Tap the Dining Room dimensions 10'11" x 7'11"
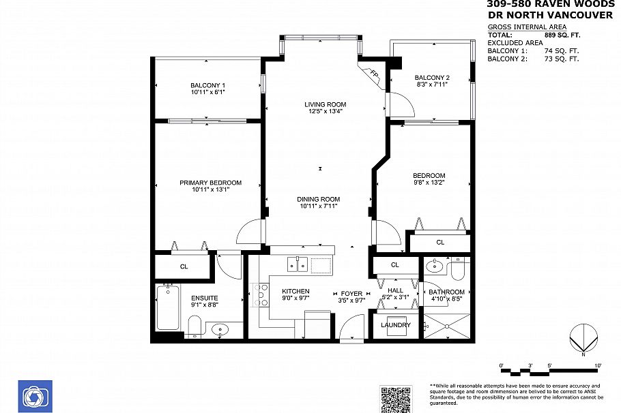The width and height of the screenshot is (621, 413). click(318, 206)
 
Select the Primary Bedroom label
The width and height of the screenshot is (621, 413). click(210, 183)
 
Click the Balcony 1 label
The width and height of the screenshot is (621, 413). click(207, 85)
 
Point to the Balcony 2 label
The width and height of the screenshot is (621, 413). click(432, 78)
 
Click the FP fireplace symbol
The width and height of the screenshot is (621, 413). click(373, 74)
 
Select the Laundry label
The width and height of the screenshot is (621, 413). click(396, 325)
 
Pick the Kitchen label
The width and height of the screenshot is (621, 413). click(295, 292)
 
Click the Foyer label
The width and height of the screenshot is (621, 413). click(352, 294)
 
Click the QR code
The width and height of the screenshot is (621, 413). click(396, 399)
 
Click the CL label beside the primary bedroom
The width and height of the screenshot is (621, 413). click(184, 266)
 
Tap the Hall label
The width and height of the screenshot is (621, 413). click(395, 291)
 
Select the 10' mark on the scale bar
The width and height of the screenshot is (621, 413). click(598, 366)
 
